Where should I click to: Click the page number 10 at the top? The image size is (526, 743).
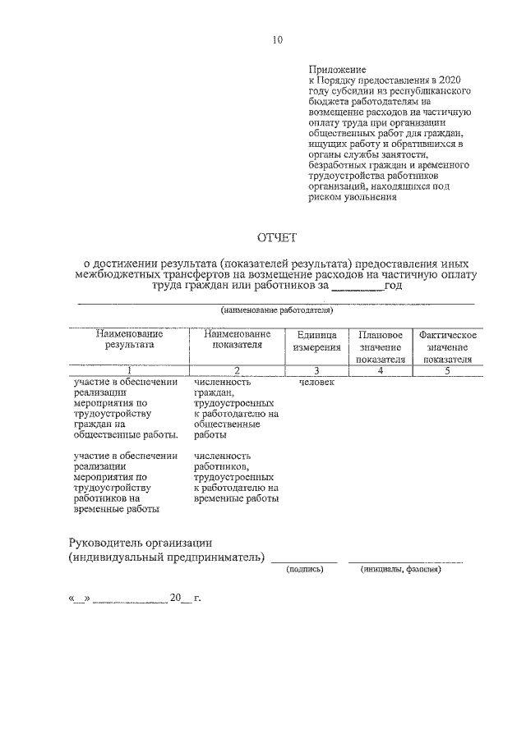277,39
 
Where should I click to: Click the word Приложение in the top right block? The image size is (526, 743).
338,68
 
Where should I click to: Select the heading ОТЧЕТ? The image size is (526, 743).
277,238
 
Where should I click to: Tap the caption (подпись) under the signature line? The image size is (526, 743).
305,569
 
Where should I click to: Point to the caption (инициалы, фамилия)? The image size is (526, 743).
401,569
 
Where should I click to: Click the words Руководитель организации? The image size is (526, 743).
141,542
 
